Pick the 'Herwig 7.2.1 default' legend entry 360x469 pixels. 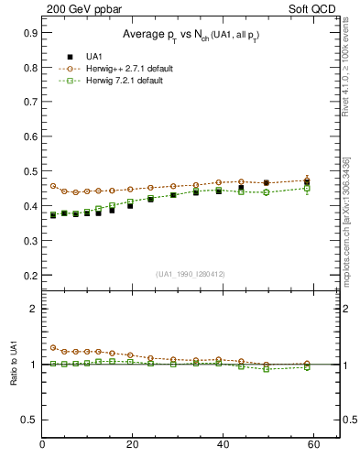click(123, 82)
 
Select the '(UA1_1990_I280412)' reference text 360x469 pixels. click(191, 274)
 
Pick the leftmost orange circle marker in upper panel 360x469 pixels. click(53, 186)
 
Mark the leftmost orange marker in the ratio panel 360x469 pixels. click(53, 348)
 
